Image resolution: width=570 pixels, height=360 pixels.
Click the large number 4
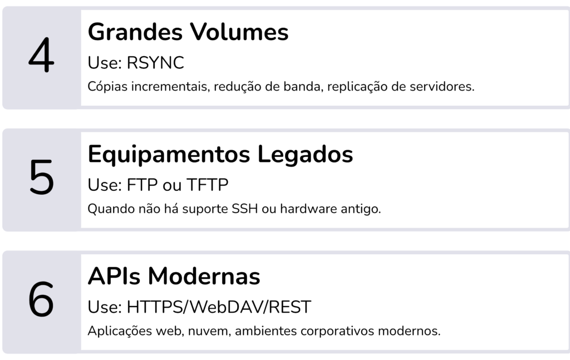41,55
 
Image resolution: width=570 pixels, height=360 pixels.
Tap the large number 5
41,177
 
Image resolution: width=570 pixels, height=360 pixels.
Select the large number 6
41,299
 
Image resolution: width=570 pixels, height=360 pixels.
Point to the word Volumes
239,32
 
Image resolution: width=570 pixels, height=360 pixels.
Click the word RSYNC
155,63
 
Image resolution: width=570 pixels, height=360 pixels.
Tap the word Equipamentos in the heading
169,155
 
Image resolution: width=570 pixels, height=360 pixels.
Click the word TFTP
207,185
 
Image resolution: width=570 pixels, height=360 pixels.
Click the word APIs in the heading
114,277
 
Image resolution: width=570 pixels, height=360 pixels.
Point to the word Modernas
204,277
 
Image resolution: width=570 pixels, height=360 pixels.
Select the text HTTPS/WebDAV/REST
219,307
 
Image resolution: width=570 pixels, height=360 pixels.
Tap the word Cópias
107,87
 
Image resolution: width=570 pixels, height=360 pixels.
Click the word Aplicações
120,331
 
